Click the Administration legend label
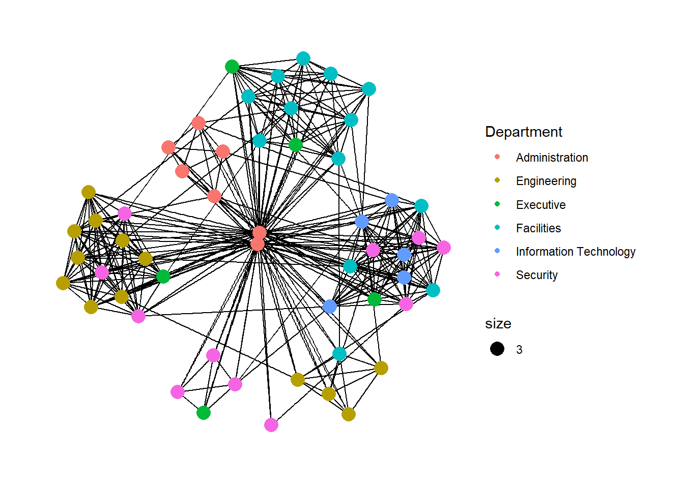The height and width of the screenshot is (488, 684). tap(552, 158)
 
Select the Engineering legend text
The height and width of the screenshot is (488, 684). tap(546, 181)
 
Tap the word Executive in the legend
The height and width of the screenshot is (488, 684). tap(540, 205)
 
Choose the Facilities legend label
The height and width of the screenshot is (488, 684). tap(538, 228)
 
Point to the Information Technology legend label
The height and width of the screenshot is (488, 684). tap(575, 252)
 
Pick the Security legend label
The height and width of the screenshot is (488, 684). tap(536, 275)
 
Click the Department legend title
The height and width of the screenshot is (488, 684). tap(523, 132)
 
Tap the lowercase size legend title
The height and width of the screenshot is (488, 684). tap(498, 324)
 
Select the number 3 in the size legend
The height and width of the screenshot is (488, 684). tap(519, 350)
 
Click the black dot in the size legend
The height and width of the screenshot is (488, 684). tap(497, 349)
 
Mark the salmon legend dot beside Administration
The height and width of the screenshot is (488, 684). tap(497, 157)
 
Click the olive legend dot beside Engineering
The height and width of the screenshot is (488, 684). tap(497, 180)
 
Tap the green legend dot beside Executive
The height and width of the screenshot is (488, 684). tap(497, 204)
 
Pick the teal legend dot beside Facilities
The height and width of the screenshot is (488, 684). tap(497, 227)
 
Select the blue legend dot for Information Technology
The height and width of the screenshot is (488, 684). tap(497, 251)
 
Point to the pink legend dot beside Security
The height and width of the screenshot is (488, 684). tap(497, 274)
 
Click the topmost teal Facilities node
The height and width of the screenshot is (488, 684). tap(303, 58)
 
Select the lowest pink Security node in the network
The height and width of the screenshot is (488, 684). tap(271, 425)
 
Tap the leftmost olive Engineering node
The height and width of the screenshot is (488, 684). tap(63, 283)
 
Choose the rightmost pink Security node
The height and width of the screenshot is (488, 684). tap(444, 248)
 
